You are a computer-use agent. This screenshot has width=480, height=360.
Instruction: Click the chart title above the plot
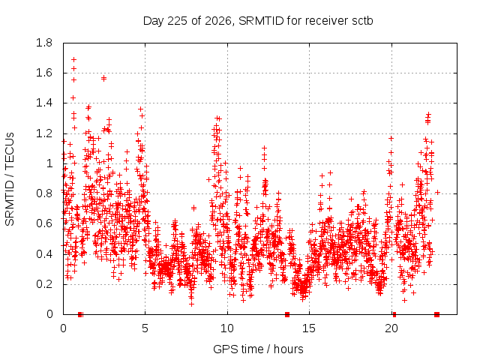pos(258,21)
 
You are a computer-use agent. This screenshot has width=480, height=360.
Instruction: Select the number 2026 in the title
pos(218,21)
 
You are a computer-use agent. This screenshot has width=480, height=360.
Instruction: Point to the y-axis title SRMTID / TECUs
pos(10,179)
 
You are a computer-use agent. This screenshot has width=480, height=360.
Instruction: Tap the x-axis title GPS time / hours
pos(258,349)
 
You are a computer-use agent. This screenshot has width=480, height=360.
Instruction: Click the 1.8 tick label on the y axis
pos(44,43)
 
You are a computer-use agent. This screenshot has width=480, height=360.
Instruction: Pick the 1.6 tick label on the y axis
pos(44,73)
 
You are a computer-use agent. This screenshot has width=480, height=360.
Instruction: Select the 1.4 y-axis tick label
pos(44,103)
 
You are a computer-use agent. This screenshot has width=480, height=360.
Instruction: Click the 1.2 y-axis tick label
pos(44,133)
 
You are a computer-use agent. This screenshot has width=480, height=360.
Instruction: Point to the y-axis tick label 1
pos(49,163)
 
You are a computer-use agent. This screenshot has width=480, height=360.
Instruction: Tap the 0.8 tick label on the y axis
pos(44,193)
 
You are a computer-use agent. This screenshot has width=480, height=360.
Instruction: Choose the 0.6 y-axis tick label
pos(44,223)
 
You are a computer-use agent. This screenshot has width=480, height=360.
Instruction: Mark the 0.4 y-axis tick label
pos(44,254)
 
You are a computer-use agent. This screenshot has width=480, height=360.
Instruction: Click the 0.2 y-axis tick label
pos(44,284)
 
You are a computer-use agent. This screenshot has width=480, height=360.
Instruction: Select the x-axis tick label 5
pos(145,328)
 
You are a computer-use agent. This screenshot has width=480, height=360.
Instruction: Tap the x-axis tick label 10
pos(227,328)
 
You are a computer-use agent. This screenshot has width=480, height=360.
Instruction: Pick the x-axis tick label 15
pos(309,328)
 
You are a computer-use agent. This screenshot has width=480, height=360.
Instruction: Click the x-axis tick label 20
pos(391,328)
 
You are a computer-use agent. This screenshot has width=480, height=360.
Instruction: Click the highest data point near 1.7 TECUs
pos(73,59)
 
